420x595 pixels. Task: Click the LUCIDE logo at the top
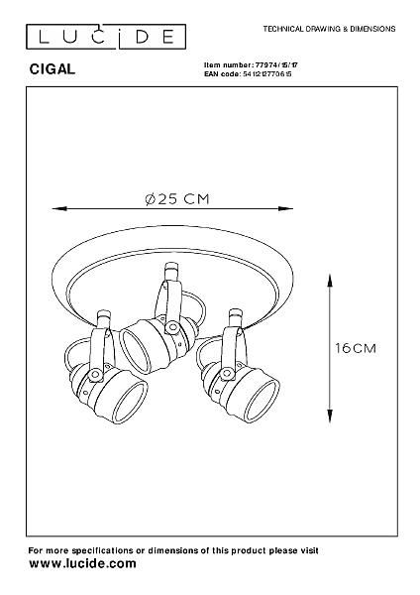coord(106,37)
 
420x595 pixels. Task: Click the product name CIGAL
coord(52,69)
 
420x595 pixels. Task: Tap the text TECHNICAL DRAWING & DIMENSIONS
coord(329,29)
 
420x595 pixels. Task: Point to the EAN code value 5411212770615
coord(266,74)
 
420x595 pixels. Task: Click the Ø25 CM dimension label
coord(177,199)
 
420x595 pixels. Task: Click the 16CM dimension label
coord(356,348)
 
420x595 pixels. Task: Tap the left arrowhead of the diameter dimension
coord(59,208)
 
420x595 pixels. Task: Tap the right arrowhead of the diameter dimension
coord(286,208)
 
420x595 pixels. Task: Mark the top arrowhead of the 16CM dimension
coord(330,280)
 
